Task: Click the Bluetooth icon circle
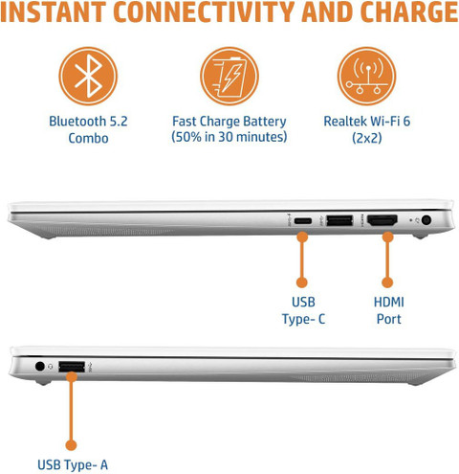[x=88, y=76]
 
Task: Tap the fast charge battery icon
[x=229, y=76]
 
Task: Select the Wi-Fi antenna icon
[x=366, y=76]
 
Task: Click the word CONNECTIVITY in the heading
[x=204, y=12]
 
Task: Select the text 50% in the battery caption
[x=187, y=137]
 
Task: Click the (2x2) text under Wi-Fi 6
[x=367, y=138]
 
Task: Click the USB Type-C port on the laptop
[x=302, y=220]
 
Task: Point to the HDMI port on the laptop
[x=382, y=220]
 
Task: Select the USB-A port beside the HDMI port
[x=339, y=220]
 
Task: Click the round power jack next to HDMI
[x=426, y=220]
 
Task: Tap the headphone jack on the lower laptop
[x=40, y=366]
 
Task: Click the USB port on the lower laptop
[x=72, y=367]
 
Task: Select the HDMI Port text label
[x=388, y=310]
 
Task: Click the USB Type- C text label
[x=303, y=310]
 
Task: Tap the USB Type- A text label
[x=73, y=464]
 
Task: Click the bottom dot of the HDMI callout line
[x=387, y=282]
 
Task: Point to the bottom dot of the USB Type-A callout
[x=71, y=445]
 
